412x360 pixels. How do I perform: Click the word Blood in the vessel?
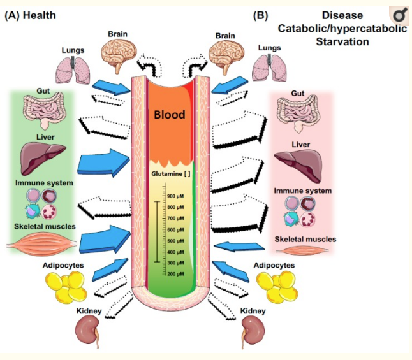pos(169,115)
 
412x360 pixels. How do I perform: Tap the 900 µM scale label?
pos(175,196)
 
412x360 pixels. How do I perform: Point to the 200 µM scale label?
pos(175,273)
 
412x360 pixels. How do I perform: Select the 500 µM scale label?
pos(175,240)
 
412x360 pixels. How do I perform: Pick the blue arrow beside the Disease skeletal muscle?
pos(237,247)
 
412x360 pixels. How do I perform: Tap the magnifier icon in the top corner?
pos(399,15)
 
